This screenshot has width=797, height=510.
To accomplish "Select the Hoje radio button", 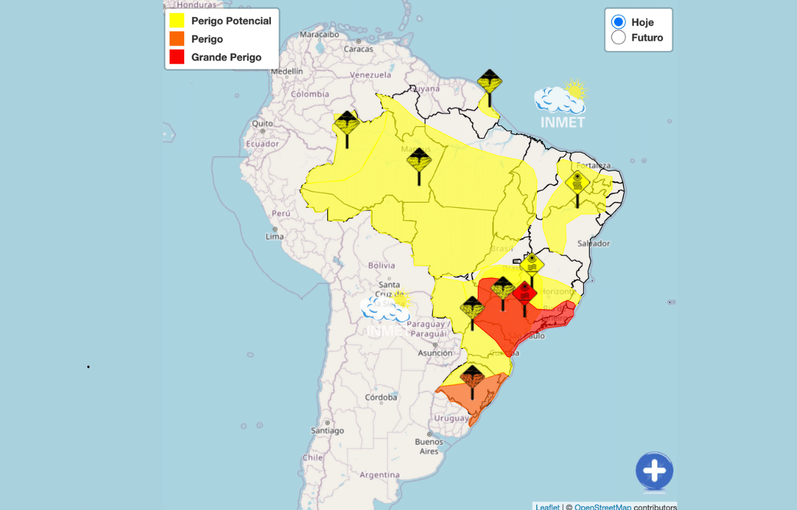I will tap(618, 22).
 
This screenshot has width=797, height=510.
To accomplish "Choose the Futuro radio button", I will tap(618, 38).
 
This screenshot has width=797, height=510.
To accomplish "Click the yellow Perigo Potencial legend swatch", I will tap(177, 21).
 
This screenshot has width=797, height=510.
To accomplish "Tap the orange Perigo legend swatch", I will tap(177, 39).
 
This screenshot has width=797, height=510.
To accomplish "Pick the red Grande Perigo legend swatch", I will tap(177, 57).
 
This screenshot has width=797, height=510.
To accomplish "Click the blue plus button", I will tap(654, 472).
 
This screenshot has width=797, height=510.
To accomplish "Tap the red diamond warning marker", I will tap(525, 293).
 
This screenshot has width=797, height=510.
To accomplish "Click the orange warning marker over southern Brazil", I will tap(472, 377).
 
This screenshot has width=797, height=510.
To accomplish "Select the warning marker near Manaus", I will tap(419, 160).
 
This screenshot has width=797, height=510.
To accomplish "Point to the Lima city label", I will tap(275, 237).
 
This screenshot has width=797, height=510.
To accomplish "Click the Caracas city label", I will tap(358, 48).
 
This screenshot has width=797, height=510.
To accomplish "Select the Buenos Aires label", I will tap(429, 446).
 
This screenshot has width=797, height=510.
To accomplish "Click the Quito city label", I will tap(262, 124).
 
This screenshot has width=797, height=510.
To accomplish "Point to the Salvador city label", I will tap(594, 244).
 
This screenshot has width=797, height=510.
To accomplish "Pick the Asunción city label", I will tap(435, 353).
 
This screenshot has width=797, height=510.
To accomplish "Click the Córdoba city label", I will tap(381, 397).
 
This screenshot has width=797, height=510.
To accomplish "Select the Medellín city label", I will tap(287, 71).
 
